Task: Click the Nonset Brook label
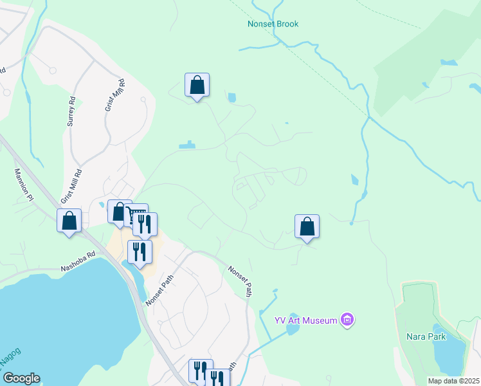tap(273, 24)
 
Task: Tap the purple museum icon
tap(347, 319)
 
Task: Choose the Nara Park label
tap(426, 336)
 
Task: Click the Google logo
tap(21, 378)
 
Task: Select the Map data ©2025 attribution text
tap(453, 381)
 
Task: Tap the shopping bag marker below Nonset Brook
tap(197, 86)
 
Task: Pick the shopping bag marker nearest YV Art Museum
tap(307, 226)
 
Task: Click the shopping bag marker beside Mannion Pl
tap(69, 221)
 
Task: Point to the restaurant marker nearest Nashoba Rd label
tap(140, 252)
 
